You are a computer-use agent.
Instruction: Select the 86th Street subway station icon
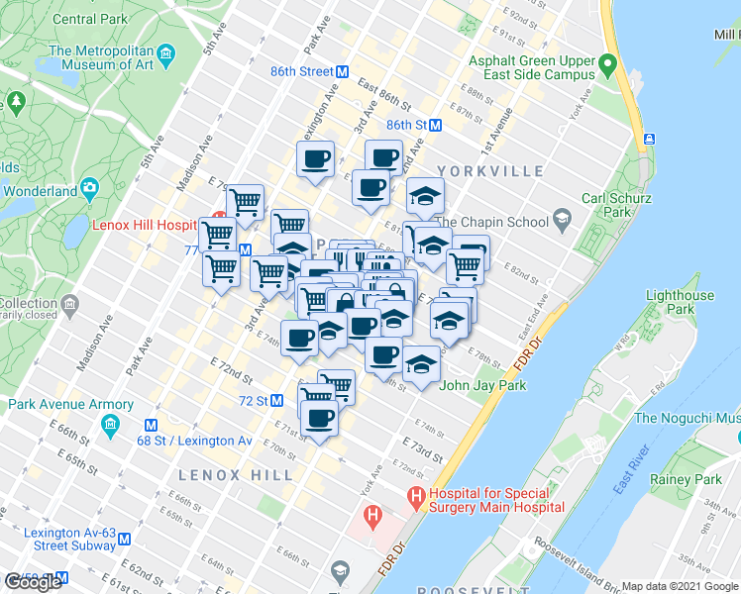(342, 72)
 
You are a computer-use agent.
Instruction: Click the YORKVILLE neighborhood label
(496, 171)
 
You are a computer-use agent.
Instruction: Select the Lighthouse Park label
(679, 302)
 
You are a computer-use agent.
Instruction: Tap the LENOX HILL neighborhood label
(235, 475)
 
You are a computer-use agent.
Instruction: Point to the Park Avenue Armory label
(71, 404)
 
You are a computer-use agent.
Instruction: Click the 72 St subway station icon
(277, 401)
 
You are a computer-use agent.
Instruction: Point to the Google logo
(32, 582)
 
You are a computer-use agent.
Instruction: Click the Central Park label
(88, 19)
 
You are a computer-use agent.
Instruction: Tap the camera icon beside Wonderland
(90, 186)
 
